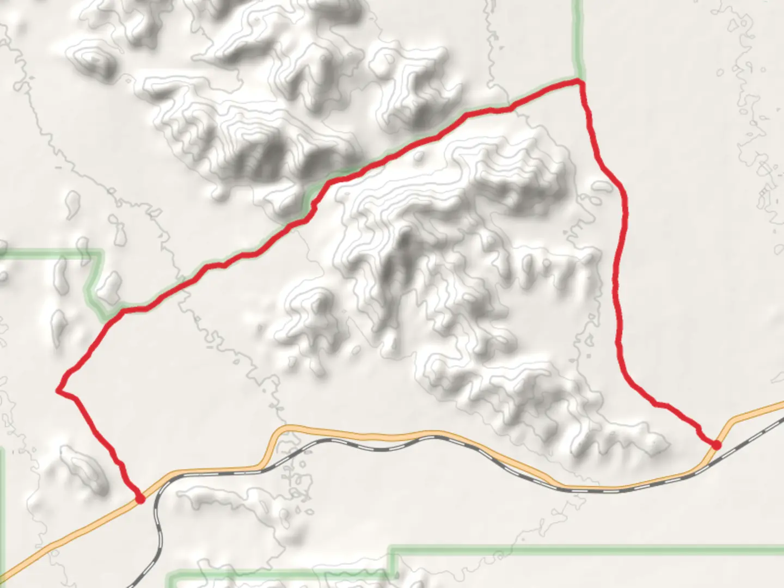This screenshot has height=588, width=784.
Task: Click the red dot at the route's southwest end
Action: pyautogui.click(x=140, y=498)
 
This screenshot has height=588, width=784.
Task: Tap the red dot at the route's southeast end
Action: pyautogui.click(x=716, y=445)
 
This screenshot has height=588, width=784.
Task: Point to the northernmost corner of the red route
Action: pyautogui.click(x=580, y=82)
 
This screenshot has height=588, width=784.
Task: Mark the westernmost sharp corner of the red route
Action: pyautogui.click(x=58, y=390)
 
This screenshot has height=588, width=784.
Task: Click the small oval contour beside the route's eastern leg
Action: pyautogui.click(x=603, y=187)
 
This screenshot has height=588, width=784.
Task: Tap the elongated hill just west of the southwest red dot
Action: pyautogui.click(x=82, y=468)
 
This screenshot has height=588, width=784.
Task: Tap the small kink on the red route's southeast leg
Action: pyautogui.click(x=659, y=404)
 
